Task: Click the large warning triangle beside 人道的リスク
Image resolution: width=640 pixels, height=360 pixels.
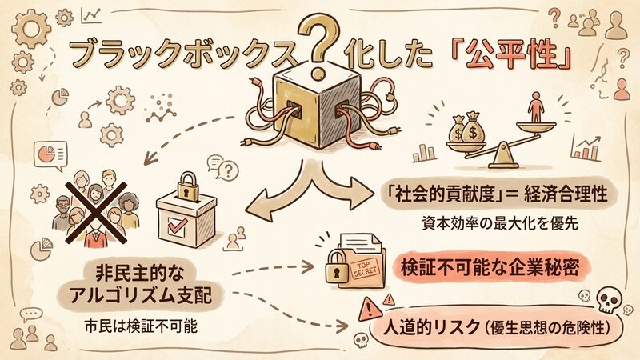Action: coord(370,310)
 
